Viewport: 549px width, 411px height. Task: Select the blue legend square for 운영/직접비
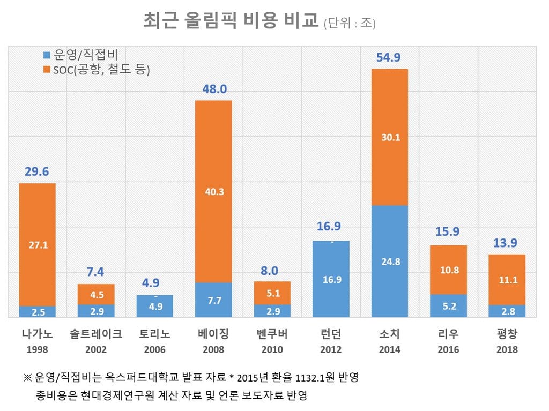tap(47, 55)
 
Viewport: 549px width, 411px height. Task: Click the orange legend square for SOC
tap(47, 70)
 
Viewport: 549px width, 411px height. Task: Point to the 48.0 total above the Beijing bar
tap(213, 89)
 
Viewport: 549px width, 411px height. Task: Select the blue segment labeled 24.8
tap(389, 261)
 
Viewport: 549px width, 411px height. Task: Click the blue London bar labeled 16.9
tap(331, 279)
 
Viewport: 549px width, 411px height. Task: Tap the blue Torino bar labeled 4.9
tap(155, 307)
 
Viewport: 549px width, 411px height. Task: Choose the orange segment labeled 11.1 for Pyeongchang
tap(507, 280)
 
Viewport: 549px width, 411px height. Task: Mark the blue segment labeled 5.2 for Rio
tap(448, 306)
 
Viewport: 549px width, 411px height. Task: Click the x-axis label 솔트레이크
tap(96, 334)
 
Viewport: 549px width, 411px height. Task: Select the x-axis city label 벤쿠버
tap(272, 334)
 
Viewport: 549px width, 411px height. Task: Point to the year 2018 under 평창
tap(507, 349)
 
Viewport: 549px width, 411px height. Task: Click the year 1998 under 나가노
tap(38, 349)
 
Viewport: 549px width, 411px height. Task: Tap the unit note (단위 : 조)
tap(350, 23)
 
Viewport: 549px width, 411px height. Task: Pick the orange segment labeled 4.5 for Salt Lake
tap(96, 294)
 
